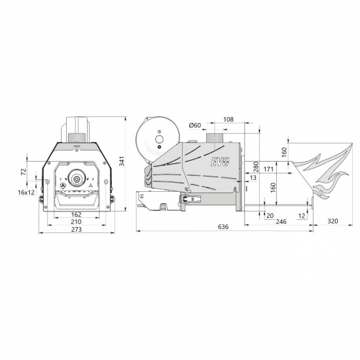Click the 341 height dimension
coord(122,161)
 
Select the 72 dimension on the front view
coord(24,171)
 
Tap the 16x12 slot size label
coord(26,192)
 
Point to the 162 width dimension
coord(76,215)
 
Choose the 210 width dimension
coord(76,222)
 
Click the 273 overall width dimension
coord(76,229)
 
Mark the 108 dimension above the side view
coord(228,119)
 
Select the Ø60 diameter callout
coord(194,126)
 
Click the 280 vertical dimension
coord(256,167)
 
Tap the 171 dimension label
coord(268,170)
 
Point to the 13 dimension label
coord(253,177)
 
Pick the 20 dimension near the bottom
coord(270,215)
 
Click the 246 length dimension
coord(281,221)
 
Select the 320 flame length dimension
coord(333,221)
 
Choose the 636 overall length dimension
coord(223,227)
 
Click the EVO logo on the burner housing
coord(220,162)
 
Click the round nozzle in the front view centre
coord(77,178)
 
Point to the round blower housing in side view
coord(158,140)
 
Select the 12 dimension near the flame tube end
coord(302,216)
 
